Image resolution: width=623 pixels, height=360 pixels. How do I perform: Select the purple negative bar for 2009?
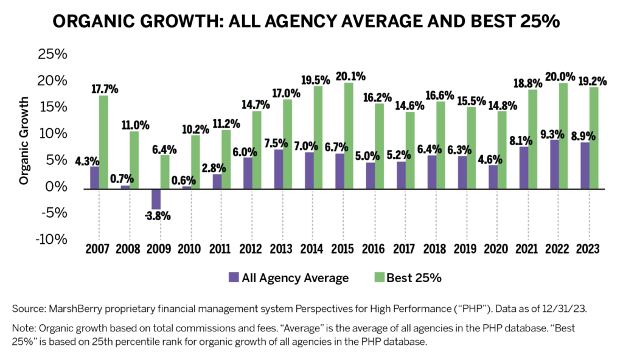[156, 198]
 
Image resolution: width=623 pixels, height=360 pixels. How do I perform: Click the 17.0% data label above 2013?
[285, 94]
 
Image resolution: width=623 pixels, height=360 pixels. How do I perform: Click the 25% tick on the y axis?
[52, 55]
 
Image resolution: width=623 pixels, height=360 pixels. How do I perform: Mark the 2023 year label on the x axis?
[588, 249]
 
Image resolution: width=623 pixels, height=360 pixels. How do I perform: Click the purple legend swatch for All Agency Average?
[234, 278]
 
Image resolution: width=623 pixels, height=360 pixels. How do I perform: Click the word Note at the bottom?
[24, 328]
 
